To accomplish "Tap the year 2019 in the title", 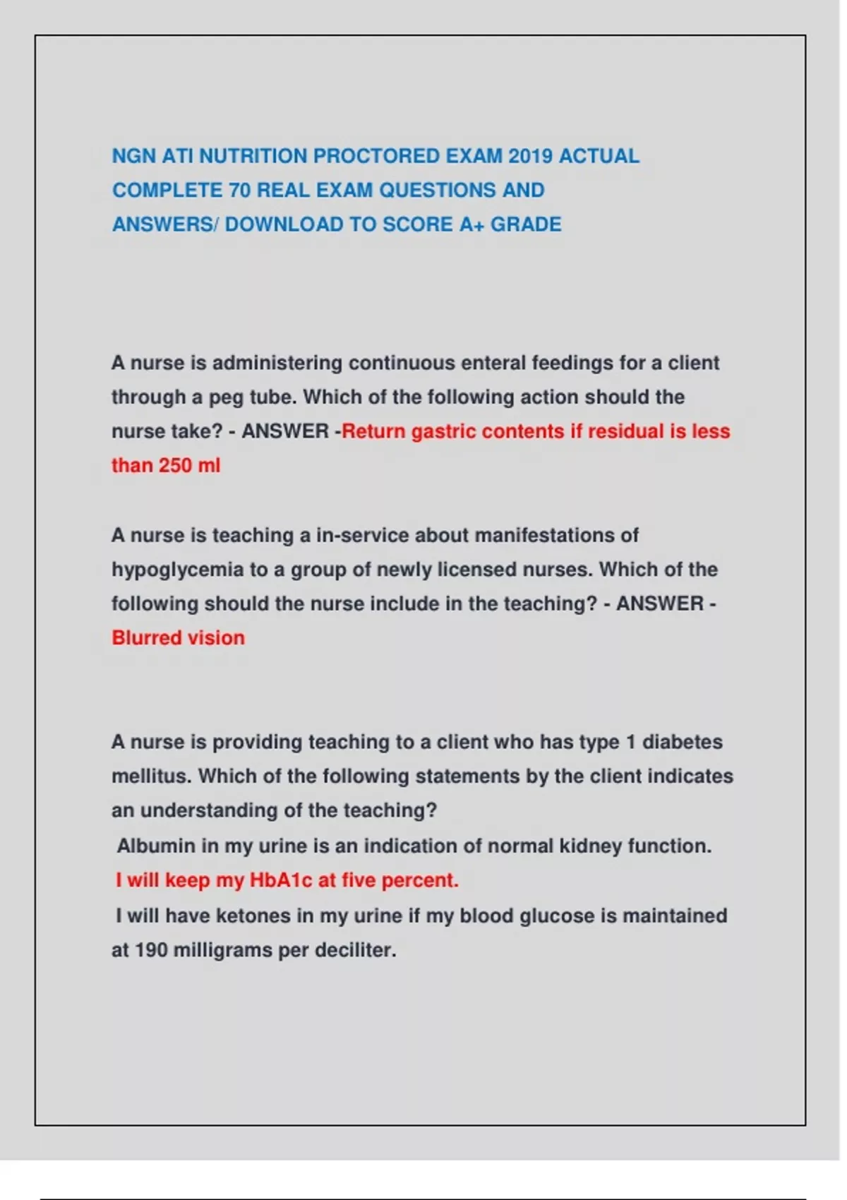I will point(530,156).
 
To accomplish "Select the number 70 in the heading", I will point(239,191).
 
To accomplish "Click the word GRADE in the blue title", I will point(526,224).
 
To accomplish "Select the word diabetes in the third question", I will point(682,742).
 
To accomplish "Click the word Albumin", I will point(156,846).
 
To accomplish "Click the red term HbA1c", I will point(281,880).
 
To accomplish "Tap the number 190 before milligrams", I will point(150,950).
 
